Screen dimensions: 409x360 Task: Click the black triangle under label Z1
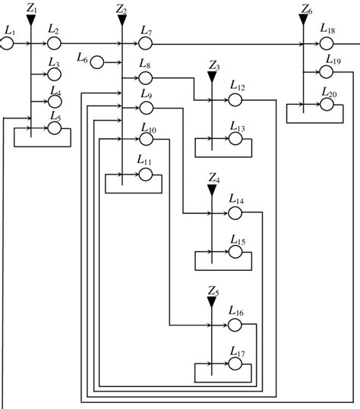coord(30,20)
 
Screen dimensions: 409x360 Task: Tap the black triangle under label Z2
coord(122,20)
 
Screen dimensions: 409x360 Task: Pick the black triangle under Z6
coord(305,20)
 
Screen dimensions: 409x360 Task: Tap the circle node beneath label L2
coord(54,44)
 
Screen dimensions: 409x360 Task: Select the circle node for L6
coord(98,61)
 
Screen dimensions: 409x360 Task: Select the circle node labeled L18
coord(327,44)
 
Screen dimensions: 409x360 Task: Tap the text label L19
coord(331,60)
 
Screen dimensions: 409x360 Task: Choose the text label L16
coord(236,311)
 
